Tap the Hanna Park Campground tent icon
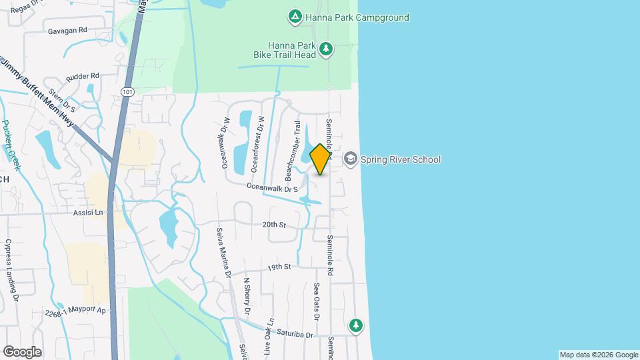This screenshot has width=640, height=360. pyautogui.click(x=294, y=17)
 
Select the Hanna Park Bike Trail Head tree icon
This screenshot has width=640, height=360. pyautogui.click(x=326, y=48)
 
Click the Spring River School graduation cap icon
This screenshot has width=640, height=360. pyautogui.click(x=351, y=159)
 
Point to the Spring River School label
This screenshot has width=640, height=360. pyautogui.click(x=400, y=159)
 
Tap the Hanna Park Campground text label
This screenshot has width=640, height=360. pyautogui.click(x=357, y=17)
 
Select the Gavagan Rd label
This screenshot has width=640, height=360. pyautogui.click(x=67, y=31)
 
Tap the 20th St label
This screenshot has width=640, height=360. pyautogui.click(x=274, y=225)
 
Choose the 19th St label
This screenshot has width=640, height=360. pyautogui.click(x=279, y=267)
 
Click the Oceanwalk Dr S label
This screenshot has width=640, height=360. pyautogui.click(x=271, y=189)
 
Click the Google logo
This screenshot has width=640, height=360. pyautogui.click(x=22, y=351)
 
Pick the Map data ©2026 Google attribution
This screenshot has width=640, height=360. pyautogui.click(x=598, y=355)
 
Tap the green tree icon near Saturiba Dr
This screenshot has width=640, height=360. pyautogui.click(x=357, y=325)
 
